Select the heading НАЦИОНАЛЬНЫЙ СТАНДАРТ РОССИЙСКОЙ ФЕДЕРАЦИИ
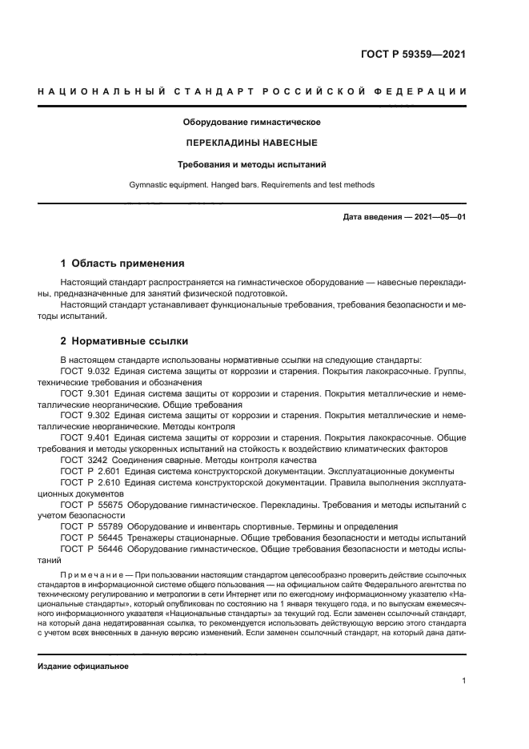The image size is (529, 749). (252, 92)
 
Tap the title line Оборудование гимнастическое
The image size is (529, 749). (252, 123)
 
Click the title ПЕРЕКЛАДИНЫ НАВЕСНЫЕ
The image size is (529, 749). (252, 143)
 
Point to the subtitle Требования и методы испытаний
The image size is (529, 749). (252, 164)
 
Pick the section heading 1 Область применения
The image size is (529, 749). (122, 263)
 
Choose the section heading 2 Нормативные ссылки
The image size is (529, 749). (118, 340)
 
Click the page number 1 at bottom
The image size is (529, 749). (463, 681)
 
